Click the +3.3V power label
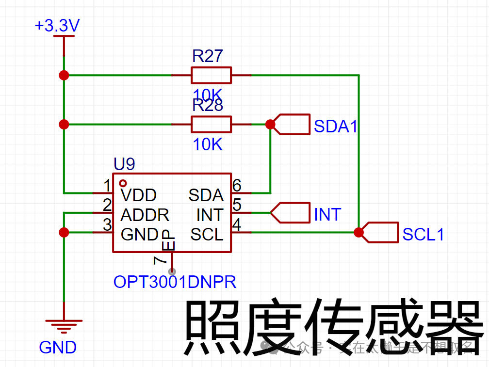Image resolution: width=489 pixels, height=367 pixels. (x=57, y=26)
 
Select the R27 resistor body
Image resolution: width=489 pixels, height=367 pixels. (x=211, y=76)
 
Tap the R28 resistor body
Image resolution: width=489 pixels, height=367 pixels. (x=211, y=125)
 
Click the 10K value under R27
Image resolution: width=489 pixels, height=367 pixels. (x=208, y=94)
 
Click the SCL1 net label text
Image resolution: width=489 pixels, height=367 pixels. (x=423, y=235)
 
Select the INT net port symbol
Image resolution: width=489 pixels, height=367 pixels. (x=290, y=213)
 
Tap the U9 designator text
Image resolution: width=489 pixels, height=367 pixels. (x=124, y=164)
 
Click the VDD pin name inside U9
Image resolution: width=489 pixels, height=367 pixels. (x=138, y=195)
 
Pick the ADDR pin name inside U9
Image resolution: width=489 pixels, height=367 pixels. (x=145, y=215)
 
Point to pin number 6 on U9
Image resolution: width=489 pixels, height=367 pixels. (x=237, y=185)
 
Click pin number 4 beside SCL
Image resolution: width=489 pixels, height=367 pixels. (x=237, y=225)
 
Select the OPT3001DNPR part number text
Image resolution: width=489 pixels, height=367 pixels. (x=175, y=282)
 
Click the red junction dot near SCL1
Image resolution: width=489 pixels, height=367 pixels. (x=359, y=232)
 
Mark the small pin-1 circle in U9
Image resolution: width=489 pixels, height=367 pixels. (x=123, y=183)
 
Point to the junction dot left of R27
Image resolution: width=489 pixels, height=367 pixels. (x=64, y=75)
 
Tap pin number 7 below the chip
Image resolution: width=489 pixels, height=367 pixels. (x=159, y=260)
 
